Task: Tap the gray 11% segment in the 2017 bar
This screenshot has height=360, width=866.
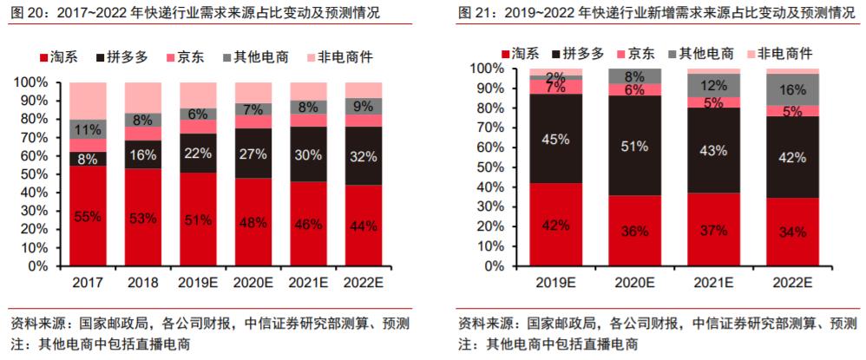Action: (89, 129)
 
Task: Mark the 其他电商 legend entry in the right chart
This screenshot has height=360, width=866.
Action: (705, 52)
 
